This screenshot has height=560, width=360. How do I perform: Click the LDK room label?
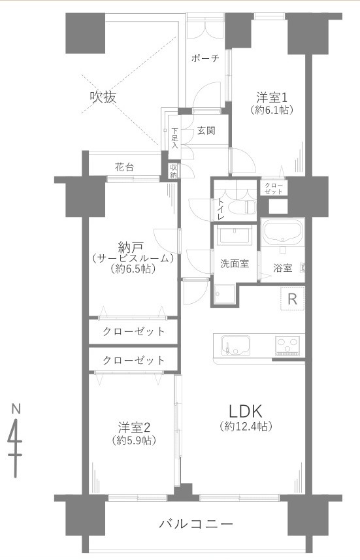click(245, 411)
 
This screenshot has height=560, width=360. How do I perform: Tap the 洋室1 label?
click(272, 98)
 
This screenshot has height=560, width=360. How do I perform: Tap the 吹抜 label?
click(103, 97)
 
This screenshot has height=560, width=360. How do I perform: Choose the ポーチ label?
click(205, 58)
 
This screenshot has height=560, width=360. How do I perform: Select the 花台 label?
click(124, 167)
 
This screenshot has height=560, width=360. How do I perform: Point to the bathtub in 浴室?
click(282, 233)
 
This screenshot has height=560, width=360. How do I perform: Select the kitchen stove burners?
click(287, 344)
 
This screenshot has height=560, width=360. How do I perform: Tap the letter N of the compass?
click(15, 409)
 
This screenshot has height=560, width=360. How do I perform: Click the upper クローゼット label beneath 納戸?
click(133, 331)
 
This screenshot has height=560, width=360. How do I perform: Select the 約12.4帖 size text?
click(245, 427)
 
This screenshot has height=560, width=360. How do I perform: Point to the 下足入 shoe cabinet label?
click(174, 139)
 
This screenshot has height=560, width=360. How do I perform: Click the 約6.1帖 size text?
click(272, 110)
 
